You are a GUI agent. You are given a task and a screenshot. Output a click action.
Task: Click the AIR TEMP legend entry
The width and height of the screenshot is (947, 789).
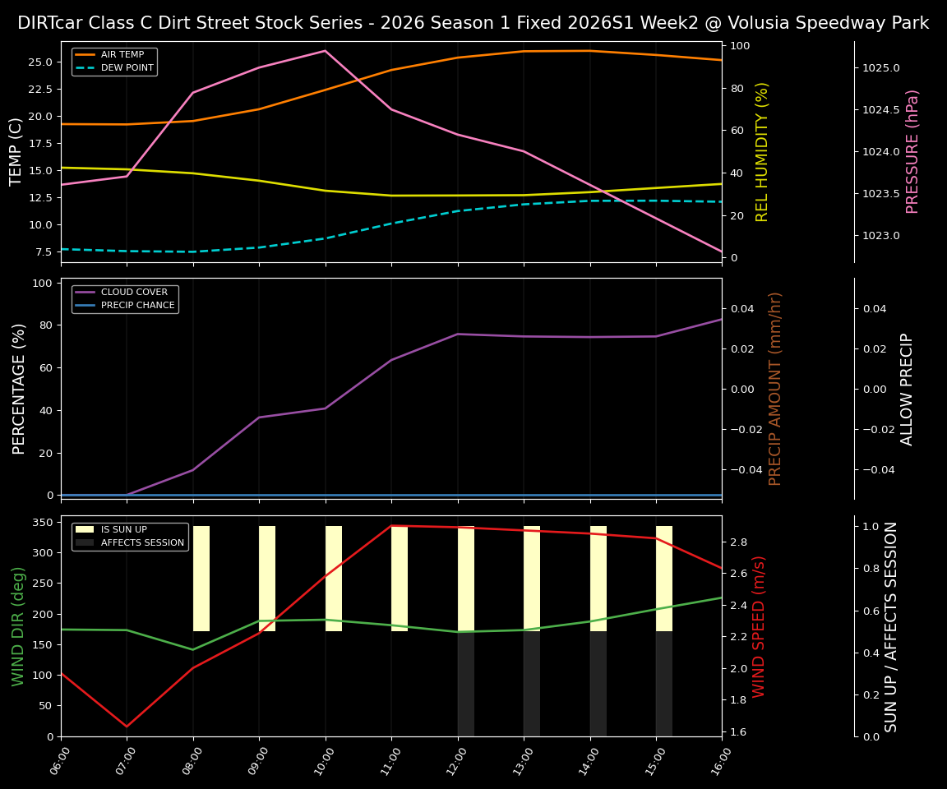pos(122,55)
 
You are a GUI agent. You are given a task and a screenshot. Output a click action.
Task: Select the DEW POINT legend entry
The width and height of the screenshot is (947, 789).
pos(127,68)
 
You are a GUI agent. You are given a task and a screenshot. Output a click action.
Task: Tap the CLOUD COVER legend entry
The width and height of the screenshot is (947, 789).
pos(133,293)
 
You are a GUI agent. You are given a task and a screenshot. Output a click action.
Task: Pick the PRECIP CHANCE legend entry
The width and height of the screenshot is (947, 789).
pos(137,306)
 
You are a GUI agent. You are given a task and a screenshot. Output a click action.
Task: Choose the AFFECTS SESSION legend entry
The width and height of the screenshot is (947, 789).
pos(142,542)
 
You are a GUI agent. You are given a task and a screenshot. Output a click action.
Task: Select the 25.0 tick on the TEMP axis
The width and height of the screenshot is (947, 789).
pos(40,62)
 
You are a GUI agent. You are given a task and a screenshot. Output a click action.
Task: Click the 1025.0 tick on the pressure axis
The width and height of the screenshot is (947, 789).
pos(880,68)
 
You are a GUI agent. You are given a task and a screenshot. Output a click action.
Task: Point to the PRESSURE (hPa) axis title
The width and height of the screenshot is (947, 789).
pos(912,151)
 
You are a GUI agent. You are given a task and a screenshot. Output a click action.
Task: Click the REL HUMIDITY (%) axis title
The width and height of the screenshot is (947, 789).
pos(762,151)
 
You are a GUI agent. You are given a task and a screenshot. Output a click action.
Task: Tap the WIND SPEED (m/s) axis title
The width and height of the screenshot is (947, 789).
pos(759,626)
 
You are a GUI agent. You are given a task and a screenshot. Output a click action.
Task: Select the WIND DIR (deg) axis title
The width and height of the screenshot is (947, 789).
pos(18,626)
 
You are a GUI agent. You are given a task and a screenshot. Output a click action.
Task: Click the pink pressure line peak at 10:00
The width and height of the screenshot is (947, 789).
pos(326,51)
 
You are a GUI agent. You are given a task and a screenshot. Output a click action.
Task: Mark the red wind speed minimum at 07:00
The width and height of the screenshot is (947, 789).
pos(127,727)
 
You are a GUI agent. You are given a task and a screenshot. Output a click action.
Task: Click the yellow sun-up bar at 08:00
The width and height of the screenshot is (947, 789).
pos(201,579)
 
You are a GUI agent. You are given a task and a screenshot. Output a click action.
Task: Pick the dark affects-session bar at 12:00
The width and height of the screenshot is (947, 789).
pos(466,684)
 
